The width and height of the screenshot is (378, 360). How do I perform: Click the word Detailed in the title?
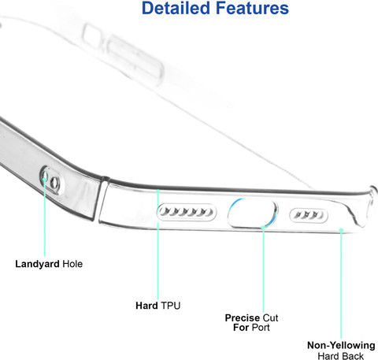tap(176, 8)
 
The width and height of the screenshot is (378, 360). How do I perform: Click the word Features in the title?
tap(252, 8)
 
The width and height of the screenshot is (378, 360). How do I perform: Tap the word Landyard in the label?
tap(37, 264)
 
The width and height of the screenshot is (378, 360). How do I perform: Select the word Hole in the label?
tap(72, 264)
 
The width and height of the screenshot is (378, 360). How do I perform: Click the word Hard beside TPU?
tap(146, 306)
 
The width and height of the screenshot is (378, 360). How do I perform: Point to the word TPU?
tap(171, 306)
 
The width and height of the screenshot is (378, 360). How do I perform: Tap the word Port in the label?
tap(261, 328)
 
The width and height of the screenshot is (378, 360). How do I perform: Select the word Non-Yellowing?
tap(341, 345)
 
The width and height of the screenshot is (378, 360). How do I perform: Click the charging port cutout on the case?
tap(252, 213)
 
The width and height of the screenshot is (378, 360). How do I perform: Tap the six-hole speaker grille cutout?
tap(187, 212)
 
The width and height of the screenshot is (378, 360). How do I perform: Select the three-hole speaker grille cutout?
tap(309, 215)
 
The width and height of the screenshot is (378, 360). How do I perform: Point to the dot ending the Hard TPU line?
tap(157, 191)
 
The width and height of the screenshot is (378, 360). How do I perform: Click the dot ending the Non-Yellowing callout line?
tap(341, 230)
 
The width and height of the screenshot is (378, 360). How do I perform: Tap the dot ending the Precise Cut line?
tap(263, 228)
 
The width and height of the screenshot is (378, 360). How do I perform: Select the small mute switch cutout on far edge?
tap(92, 36)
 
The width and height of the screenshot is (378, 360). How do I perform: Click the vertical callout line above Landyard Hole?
tap(45, 217)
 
